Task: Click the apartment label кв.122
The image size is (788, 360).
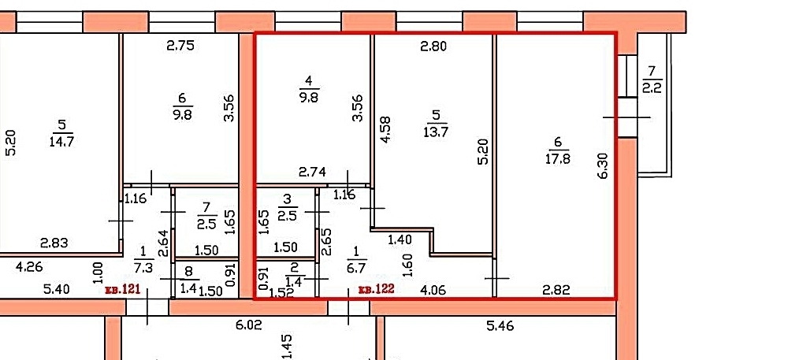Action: (376, 289)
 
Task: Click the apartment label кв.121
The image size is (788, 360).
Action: (121, 290)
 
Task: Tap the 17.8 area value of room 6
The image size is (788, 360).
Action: (559, 159)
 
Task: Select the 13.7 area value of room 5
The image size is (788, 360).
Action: (437, 132)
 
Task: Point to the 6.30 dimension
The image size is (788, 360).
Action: (604, 166)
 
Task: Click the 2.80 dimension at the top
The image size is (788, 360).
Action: (433, 46)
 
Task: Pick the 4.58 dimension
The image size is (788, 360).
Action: (385, 130)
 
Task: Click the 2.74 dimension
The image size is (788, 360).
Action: (312, 173)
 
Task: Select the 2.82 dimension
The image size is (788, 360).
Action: (557, 290)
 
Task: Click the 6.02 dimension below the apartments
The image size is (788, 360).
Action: (248, 325)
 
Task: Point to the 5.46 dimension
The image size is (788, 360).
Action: (500, 326)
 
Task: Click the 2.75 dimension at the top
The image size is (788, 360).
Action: (180, 46)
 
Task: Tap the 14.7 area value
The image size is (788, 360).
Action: (61, 141)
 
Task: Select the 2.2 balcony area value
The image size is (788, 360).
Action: (652, 89)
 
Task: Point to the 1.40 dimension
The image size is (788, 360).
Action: (400, 240)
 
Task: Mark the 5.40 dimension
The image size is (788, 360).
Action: (56, 290)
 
